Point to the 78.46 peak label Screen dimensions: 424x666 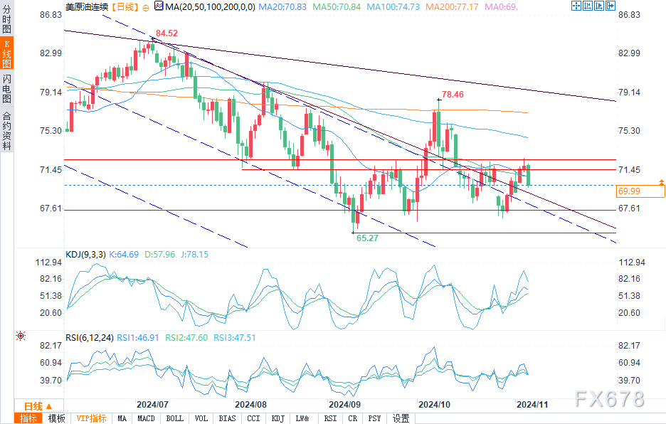(453, 94)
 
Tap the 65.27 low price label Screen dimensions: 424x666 (367, 238)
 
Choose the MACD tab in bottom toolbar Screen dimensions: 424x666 (146, 418)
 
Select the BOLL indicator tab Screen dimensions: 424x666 (174, 418)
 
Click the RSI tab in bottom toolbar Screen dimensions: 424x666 (330, 418)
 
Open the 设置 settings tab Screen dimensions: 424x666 (401, 418)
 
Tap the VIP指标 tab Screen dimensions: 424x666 (91, 418)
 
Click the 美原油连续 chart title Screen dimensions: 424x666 (88, 6)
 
